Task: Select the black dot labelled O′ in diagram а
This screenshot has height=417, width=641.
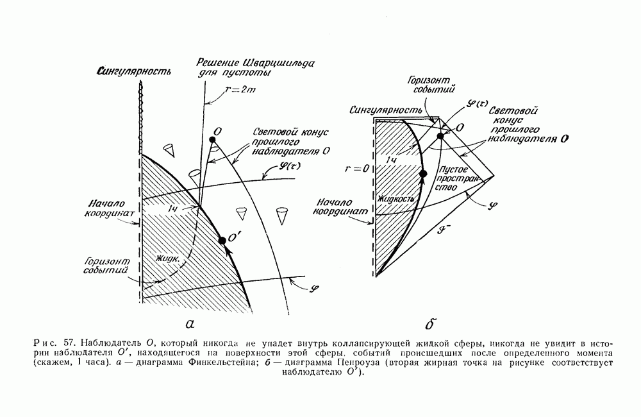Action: (222, 240)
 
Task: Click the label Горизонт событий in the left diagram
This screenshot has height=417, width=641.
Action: (105, 266)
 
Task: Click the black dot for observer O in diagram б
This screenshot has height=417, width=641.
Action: (440, 135)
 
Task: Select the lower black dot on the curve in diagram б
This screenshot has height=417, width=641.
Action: (422, 173)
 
